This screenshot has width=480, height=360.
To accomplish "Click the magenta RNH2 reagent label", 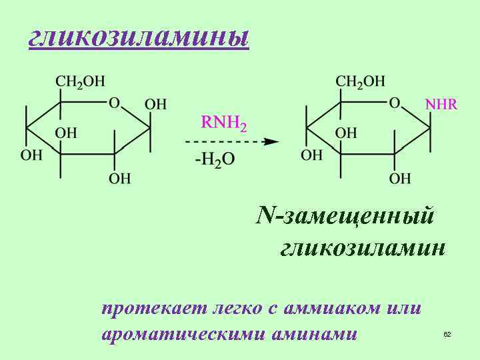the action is coord(224,123).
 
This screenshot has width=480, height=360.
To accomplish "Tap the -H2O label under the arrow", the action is coord(215,161).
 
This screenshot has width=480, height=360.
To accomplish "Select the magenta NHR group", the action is coord(441,105).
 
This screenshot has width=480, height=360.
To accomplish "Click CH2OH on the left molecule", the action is coord(80,81).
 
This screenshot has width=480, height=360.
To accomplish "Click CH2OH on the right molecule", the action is coord(361,81).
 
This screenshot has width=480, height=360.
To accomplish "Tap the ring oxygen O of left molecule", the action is coord(114,103).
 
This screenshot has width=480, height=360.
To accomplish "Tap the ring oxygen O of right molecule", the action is coord(395,103).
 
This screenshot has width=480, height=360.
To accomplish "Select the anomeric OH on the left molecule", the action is coord(155,105).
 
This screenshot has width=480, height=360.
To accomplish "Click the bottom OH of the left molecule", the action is coord(120,178).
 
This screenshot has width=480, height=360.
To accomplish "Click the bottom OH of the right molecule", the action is coord(400,178).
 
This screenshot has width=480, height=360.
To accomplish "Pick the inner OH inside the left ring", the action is coord(66,132).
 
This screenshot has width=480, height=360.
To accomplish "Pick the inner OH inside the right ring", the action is coord(346,132).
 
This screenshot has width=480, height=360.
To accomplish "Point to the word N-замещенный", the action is coord(345,216).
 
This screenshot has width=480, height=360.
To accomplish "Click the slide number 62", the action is coord(447,333).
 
